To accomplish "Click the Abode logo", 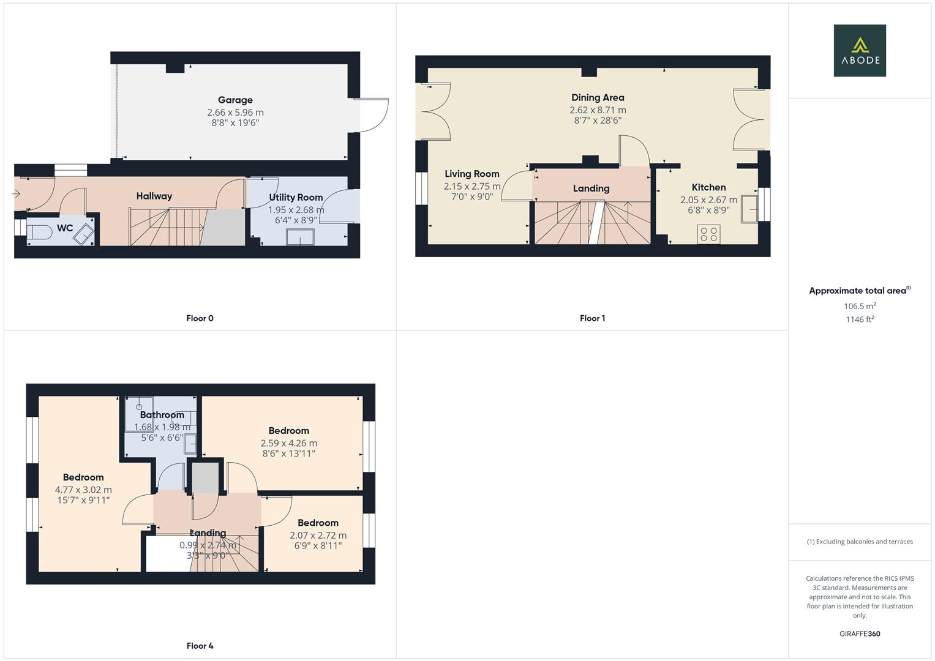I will tap(859, 50).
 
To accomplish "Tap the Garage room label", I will tap(235, 100).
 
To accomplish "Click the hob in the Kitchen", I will tap(708, 234).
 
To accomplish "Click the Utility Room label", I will tap(296, 197).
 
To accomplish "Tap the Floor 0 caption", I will tap(200, 318).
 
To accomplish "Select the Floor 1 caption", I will tap(592, 318).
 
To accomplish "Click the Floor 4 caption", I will tap(200, 646).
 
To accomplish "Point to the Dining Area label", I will tap(598, 97).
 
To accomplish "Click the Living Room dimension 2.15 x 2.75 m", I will tap(472, 186).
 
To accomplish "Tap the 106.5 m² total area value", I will tap(859, 306).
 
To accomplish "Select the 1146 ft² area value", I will tap(859, 319).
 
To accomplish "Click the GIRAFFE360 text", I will tap(859, 633).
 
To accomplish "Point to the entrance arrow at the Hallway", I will tap(16, 194).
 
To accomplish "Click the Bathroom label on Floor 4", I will tap(162, 415).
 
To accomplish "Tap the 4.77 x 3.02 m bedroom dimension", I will tap(83, 490).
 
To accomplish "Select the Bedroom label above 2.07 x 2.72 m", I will tap(318, 523).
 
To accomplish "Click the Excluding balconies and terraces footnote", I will tap(859, 542).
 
